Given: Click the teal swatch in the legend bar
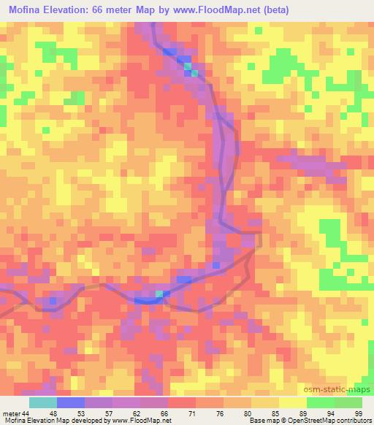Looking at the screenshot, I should pyautogui.click(x=42, y=402).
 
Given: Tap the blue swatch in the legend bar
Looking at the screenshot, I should pyautogui.click(x=70, y=402).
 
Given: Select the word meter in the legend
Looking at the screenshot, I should pyautogui.click(x=11, y=413).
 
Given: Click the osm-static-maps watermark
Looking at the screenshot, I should pyautogui.click(x=342, y=390).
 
